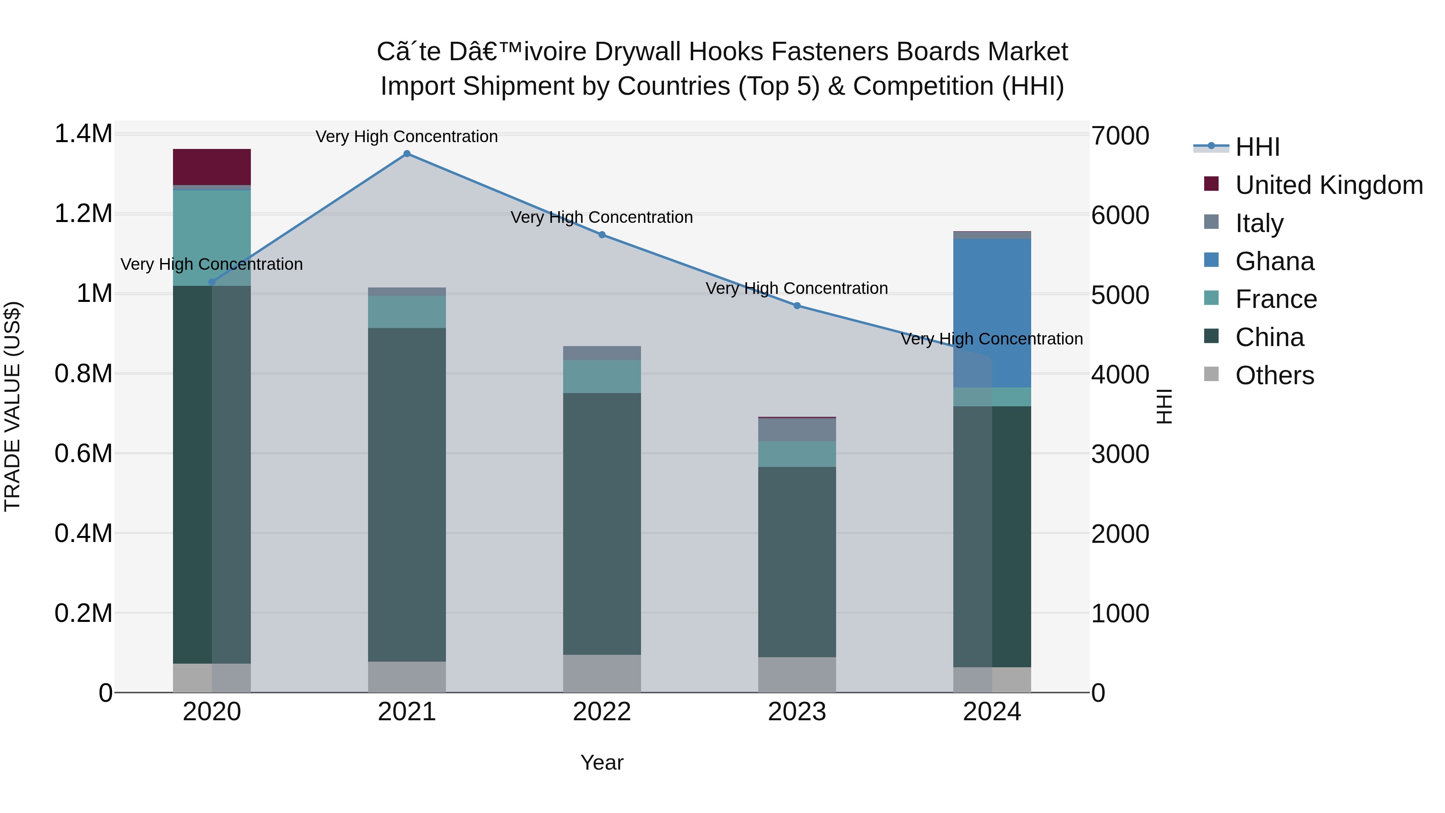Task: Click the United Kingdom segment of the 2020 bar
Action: [x=212, y=167]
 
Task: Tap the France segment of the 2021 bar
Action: [x=407, y=312]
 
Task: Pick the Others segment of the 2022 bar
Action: [x=602, y=673]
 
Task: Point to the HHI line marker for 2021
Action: [x=407, y=154]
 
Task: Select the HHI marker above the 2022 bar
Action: [x=602, y=234]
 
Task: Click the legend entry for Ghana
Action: [x=1274, y=261]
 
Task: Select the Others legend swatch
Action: [x=1211, y=374]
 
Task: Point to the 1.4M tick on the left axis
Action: [x=83, y=134]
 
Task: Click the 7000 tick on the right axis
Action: [x=1119, y=135]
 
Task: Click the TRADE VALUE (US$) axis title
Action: [x=12, y=406]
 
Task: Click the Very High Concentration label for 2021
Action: [x=407, y=137]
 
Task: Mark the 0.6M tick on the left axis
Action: [x=83, y=453]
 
